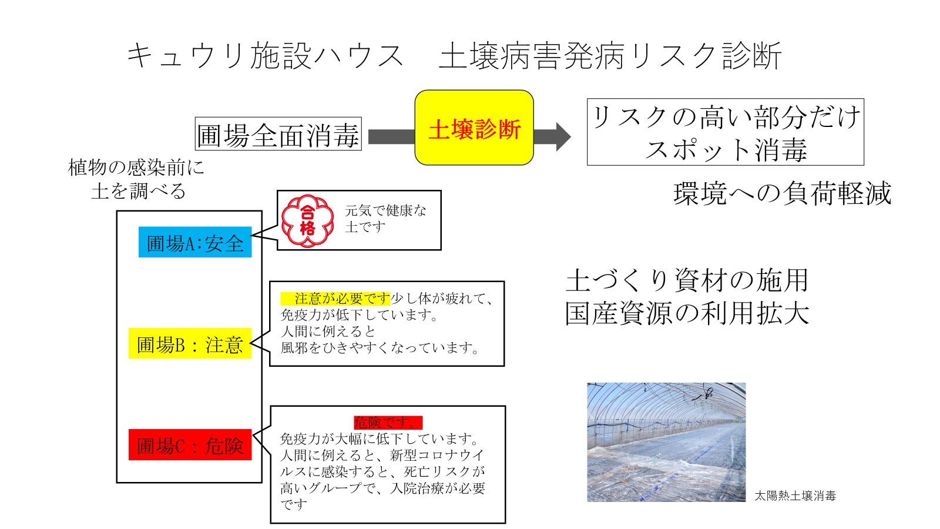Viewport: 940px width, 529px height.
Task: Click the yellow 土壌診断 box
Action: (x=474, y=128)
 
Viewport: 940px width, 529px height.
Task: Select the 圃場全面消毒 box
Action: (x=278, y=135)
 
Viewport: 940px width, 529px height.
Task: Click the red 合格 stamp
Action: (x=307, y=220)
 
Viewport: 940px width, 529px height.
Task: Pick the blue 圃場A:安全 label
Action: (x=195, y=242)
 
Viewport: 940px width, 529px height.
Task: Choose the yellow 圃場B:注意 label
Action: (x=190, y=344)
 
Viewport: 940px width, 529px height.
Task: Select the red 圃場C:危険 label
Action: (x=190, y=445)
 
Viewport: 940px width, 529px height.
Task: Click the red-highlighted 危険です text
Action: (x=388, y=422)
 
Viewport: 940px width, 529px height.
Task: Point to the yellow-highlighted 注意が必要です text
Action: (x=335, y=298)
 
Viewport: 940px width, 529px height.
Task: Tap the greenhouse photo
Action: (x=666, y=442)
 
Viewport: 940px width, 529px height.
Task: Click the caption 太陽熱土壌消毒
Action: (x=795, y=495)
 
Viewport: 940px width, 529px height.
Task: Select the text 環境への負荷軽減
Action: (x=782, y=193)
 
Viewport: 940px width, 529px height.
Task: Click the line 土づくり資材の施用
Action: (x=687, y=280)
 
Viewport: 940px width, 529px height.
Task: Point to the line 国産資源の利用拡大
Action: (x=687, y=313)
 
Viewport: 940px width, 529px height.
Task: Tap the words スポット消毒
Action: (x=726, y=150)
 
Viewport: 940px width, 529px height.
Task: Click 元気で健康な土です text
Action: (x=385, y=218)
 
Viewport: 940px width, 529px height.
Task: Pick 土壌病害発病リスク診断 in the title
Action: (x=610, y=56)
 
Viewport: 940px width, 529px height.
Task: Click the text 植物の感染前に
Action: (x=136, y=168)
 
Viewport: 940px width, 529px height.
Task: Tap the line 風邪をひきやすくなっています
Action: (x=380, y=348)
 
